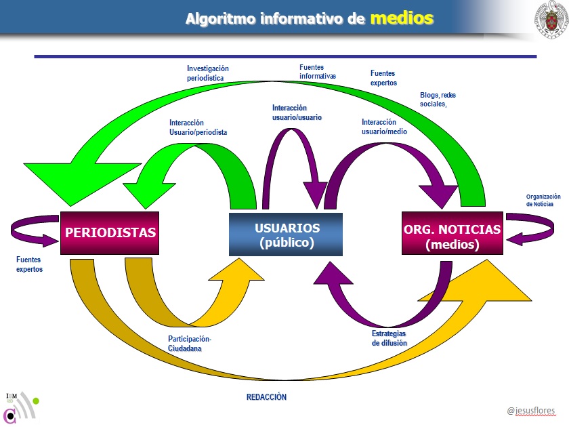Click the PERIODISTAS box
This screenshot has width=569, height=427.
point(110,232)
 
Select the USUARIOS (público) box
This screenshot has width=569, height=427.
point(286,235)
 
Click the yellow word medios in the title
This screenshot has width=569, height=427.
point(401,18)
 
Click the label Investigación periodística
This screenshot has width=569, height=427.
point(208,73)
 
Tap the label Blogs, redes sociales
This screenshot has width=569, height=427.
point(438,100)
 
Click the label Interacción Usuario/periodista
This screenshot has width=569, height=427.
point(198,127)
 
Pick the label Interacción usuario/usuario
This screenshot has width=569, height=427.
point(297,113)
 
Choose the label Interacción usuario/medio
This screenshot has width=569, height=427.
point(384,127)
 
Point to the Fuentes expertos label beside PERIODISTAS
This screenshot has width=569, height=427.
point(29,264)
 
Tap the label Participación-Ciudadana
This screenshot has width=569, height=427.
point(190,343)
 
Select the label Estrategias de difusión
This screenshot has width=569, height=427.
point(389,338)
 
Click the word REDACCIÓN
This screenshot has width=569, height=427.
point(266,397)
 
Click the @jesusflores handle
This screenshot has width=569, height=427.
point(530,411)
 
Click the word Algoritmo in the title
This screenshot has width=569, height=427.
point(220,19)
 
